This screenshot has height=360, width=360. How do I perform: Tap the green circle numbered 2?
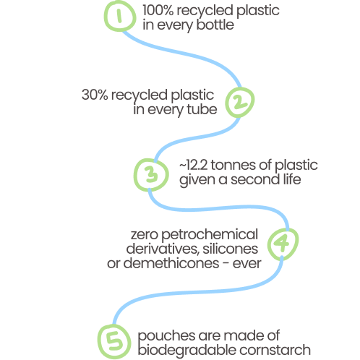pos(226,103)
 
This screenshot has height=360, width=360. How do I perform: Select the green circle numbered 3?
pos(135,175)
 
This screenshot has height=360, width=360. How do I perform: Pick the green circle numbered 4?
pos(268,244)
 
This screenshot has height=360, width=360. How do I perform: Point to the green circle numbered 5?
pos(99,342)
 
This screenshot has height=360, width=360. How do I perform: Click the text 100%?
pos(158,10)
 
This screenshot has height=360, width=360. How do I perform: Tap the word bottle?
pos(215,25)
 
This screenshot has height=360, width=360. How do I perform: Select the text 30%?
pos(95,95)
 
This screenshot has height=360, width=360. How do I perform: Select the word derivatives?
pos(163,249)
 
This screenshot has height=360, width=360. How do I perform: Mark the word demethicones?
pos(171,263)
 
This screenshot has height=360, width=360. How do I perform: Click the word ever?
pos(247,264)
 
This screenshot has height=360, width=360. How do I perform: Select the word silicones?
pos(231,249)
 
